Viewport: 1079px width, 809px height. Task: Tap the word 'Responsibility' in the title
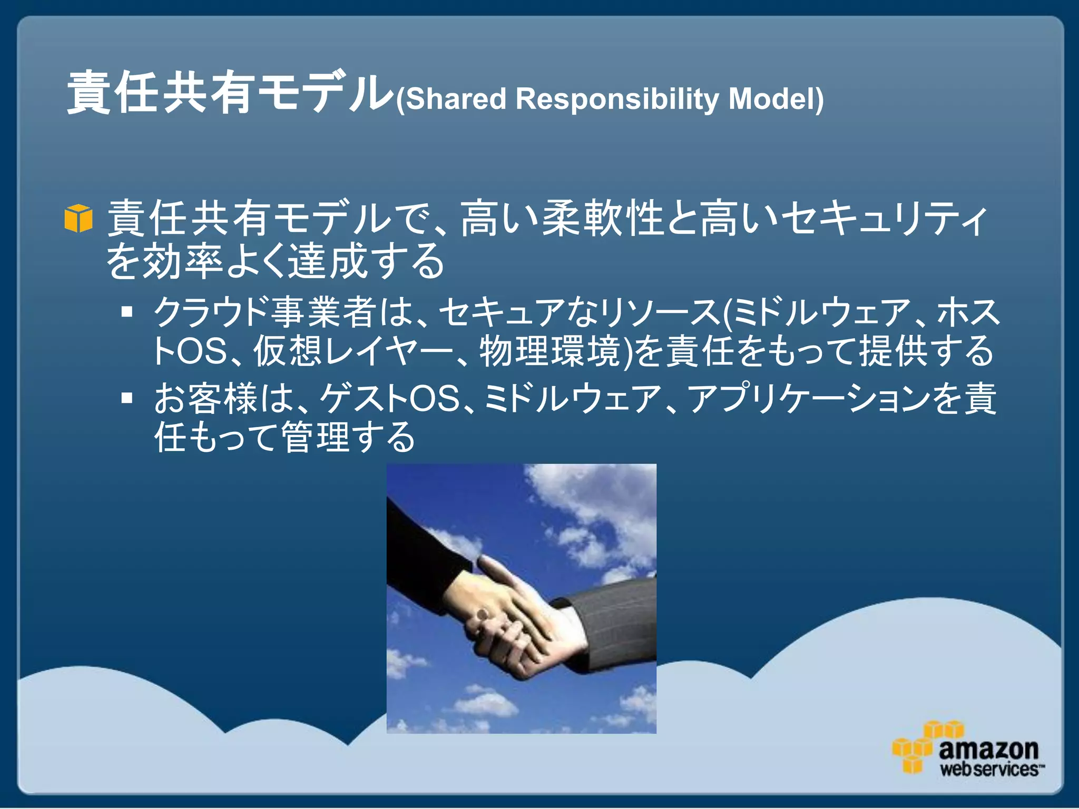[617, 99]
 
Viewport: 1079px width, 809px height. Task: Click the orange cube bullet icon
[79, 218]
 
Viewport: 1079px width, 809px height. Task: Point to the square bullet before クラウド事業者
[126, 312]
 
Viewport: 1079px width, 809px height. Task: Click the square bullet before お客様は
[126, 398]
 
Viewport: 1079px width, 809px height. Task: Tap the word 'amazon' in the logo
[988, 748]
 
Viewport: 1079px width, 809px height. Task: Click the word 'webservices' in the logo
[989, 769]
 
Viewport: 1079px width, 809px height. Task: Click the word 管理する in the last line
[348, 437]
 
